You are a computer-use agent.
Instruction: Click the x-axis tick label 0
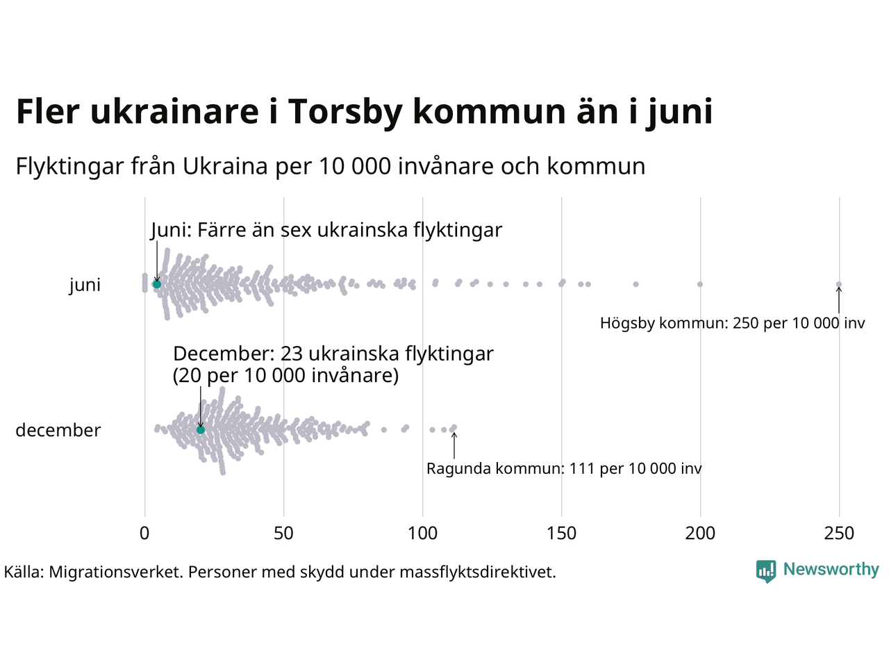coord(144,534)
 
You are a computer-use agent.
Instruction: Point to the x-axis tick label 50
coord(283,534)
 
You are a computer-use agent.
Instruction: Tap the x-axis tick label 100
coord(422,534)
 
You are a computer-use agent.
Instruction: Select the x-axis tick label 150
coord(561,534)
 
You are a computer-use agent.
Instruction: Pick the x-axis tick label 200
coord(700,534)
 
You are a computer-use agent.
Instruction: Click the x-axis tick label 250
coord(839,534)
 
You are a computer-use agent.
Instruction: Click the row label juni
coord(85,285)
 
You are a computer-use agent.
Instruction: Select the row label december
coord(58,430)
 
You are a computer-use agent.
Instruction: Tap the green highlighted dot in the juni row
coord(157,284)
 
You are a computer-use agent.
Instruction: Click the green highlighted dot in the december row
coord(201,429)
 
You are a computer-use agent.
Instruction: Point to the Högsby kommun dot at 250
coord(839,284)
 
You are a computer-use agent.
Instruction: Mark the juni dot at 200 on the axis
coord(700,284)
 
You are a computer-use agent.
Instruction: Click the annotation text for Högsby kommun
coord(733,323)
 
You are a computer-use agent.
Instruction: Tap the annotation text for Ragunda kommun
coord(564,469)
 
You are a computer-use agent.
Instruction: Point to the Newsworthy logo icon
coord(766,571)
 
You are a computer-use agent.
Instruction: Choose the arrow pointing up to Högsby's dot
coord(839,300)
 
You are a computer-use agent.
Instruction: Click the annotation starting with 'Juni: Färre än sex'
coord(326,230)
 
